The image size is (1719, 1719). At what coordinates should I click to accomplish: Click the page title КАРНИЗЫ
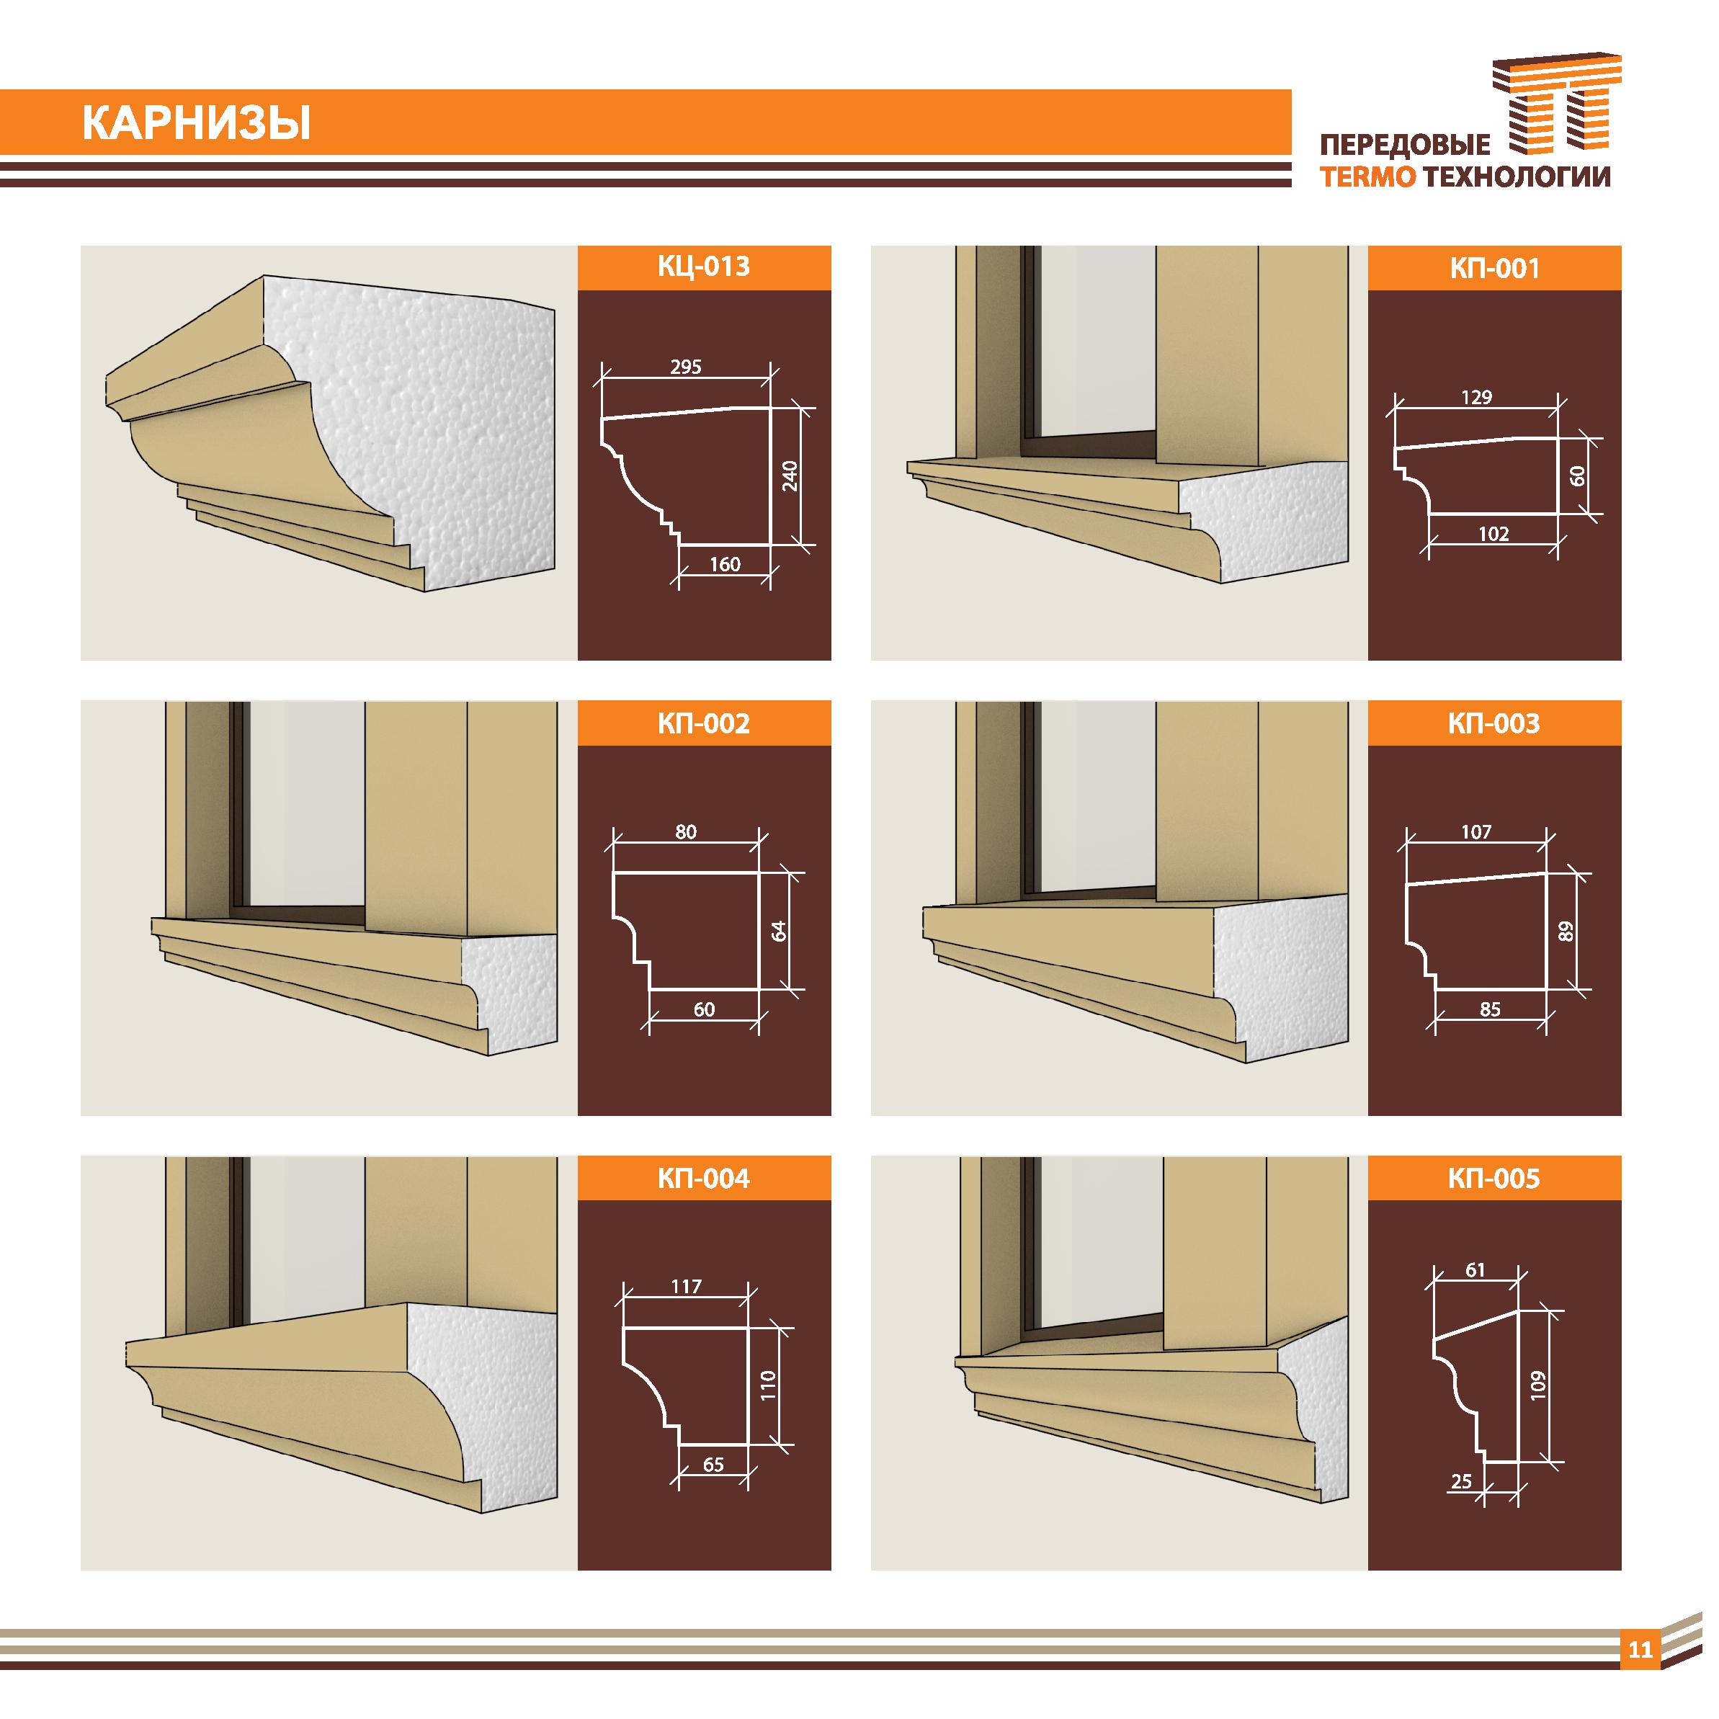(197, 125)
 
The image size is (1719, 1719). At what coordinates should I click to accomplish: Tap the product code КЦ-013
(704, 266)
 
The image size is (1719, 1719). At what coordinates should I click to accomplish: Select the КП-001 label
(1494, 268)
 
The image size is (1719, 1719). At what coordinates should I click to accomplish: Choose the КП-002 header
(704, 723)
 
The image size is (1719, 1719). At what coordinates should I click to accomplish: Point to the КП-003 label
(1494, 723)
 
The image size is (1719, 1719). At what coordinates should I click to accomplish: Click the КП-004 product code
(704, 1179)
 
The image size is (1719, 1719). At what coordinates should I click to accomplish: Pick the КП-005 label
(1494, 1179)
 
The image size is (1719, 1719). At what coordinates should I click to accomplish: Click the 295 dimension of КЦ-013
(686, 367)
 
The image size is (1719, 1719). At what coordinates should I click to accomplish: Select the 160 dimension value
(725, 564)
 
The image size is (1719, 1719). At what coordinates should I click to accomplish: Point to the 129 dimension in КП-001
(1476, 398)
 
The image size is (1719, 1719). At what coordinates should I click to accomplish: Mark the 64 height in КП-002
(780, 932)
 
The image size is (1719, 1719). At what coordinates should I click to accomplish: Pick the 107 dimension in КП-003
(1476, 832)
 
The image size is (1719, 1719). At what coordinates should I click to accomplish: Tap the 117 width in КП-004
(687, 1286)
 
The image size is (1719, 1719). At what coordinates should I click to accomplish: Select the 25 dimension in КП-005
(1461, 1481)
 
